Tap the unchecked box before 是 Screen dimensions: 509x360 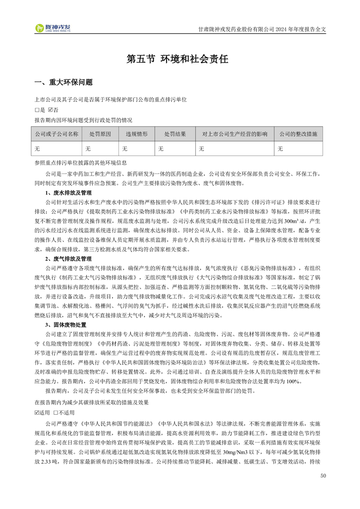(37, 109)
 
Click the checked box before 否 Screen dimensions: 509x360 (50, 109)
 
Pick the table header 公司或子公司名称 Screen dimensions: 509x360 (57, 134)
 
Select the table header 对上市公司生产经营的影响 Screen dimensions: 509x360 (234, 134)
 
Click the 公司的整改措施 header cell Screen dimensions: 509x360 (298, 134)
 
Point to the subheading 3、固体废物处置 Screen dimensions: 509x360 (65, 325)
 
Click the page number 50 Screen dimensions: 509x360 (323, 476)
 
